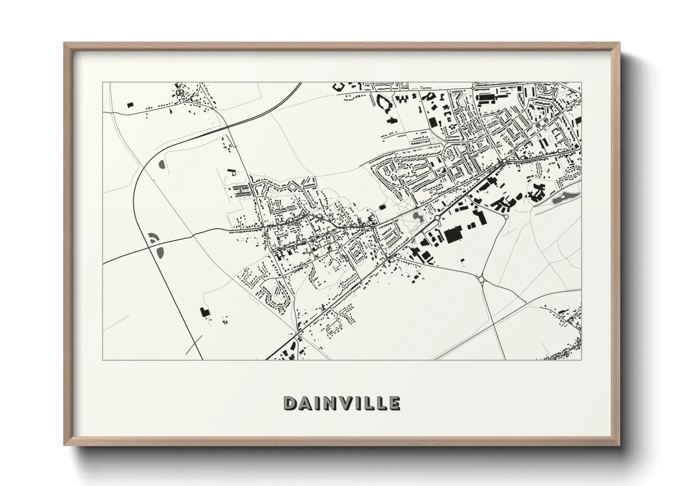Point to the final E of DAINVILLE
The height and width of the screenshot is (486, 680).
tap(394, 403)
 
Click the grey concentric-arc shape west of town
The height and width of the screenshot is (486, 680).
tap(153, 238)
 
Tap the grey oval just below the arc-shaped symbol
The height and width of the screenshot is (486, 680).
tap(160, 252)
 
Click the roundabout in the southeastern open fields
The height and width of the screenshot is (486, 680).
tap(481, 279)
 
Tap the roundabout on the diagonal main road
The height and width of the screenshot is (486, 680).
tap(437, 218)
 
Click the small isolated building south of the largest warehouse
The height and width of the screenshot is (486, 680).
tap(462, 260)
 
